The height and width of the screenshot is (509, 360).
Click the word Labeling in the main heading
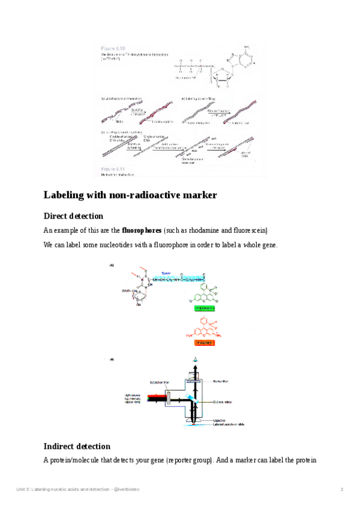pos(65,195)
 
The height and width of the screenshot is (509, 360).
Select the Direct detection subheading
pos(73,216)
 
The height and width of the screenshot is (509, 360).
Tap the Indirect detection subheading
pos(77,446)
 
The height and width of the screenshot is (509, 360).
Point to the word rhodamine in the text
pos(200,230)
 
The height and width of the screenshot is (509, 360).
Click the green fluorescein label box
pos(202,308)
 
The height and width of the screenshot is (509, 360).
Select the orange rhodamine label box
pos(202,343)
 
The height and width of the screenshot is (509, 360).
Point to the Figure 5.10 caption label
pos(113,48)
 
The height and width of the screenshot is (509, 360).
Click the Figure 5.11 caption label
pos(113,169)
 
